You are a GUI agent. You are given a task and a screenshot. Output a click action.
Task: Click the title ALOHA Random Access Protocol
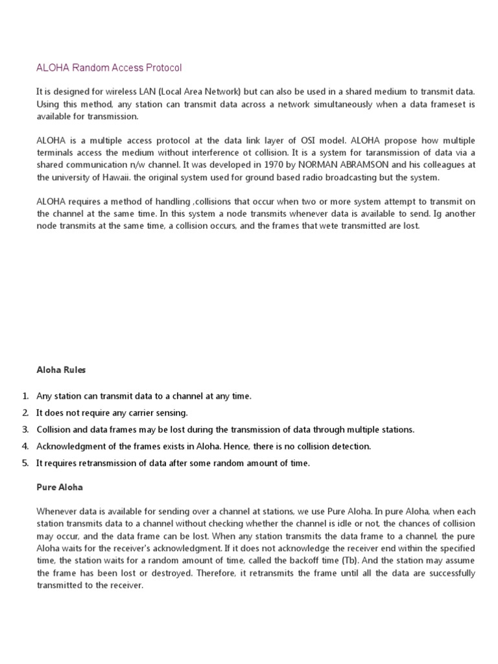[x=109, y=67]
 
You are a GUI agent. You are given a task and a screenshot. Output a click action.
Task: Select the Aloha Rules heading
[x=61, y=370]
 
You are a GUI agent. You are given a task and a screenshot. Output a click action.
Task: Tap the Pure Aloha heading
[x=60, y=486]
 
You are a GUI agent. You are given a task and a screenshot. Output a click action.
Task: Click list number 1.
[x=25, y=396]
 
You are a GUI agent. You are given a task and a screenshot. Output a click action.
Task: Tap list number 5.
[x=25, y=463]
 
